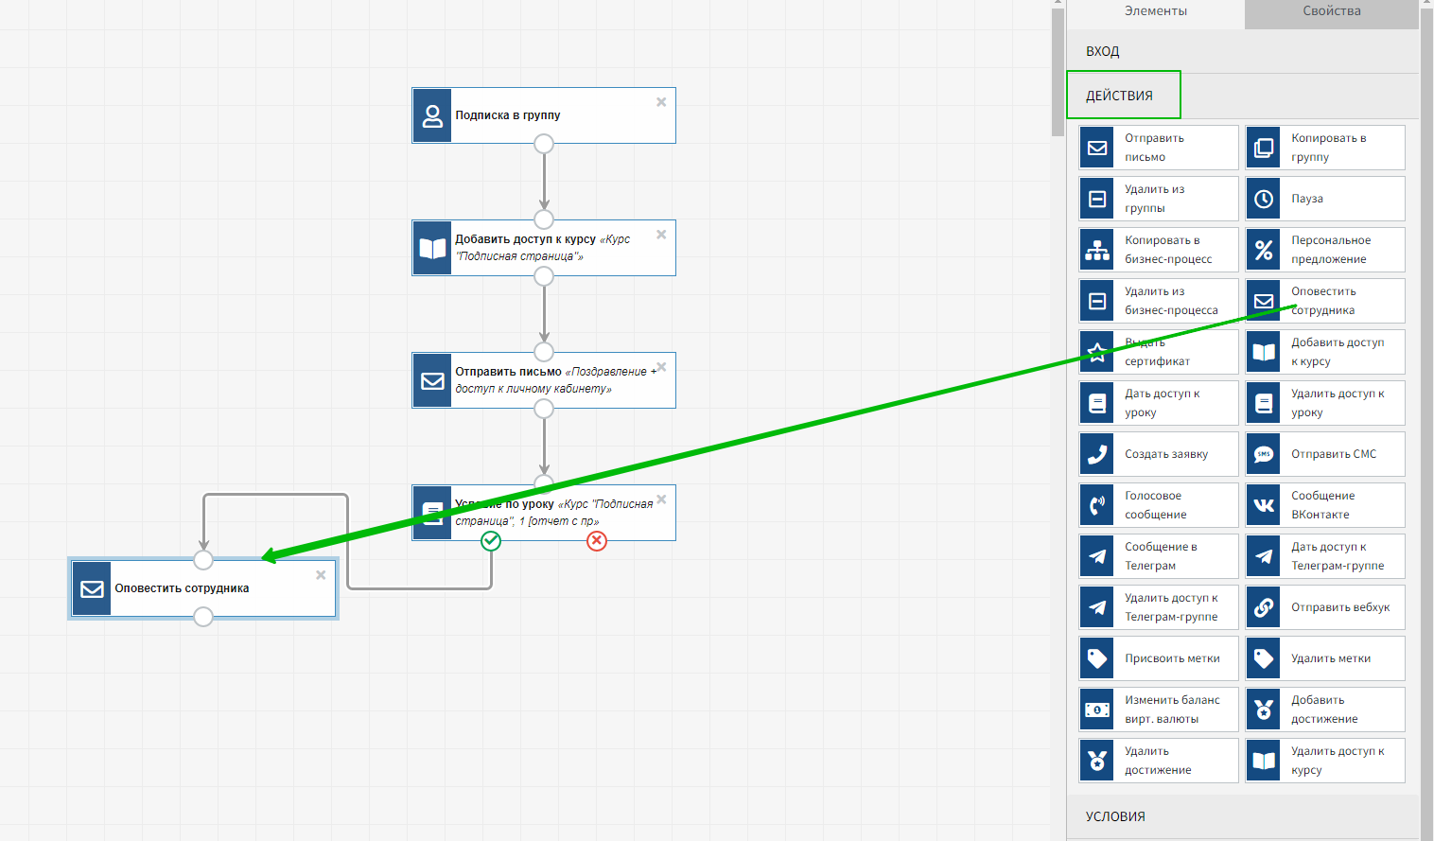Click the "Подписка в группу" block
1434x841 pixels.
[544, 115]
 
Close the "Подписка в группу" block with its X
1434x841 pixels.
[661, 102]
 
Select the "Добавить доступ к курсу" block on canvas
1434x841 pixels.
[544, 248]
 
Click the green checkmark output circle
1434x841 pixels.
[491, 540]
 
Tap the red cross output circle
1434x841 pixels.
[597, 540]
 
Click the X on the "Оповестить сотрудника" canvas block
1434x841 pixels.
[321, 575]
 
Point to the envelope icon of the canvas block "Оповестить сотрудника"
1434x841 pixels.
[93, 588]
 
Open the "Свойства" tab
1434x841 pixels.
[1331, 11]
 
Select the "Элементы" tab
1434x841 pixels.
[1155, 11]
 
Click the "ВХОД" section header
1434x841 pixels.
[1103, 51]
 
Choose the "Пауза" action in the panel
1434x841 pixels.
[1324, 199]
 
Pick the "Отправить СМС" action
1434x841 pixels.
[1324, 454]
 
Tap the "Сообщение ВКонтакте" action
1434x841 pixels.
[1324, 505]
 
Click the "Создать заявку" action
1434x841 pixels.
[1158, 454]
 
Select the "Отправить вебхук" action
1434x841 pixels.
[1324, 607]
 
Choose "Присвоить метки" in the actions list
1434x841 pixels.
[1158, 658]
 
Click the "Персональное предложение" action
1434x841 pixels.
[1324, 250]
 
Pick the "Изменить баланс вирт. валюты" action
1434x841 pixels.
[1158, 710]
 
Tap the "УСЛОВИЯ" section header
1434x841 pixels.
[1116, 816]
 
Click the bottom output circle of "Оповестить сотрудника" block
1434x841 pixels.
[203, 617]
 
